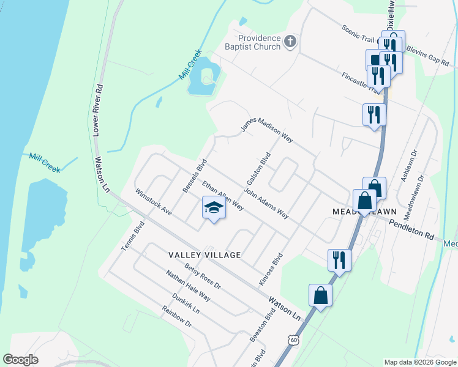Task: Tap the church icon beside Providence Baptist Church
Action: coord(290,42)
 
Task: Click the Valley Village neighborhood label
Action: coord(202,254)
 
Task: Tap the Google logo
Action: coord(21,359)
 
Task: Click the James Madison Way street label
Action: coord(266,130)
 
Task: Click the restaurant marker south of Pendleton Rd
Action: coord(338,260)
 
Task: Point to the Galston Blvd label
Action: coord(258,169)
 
